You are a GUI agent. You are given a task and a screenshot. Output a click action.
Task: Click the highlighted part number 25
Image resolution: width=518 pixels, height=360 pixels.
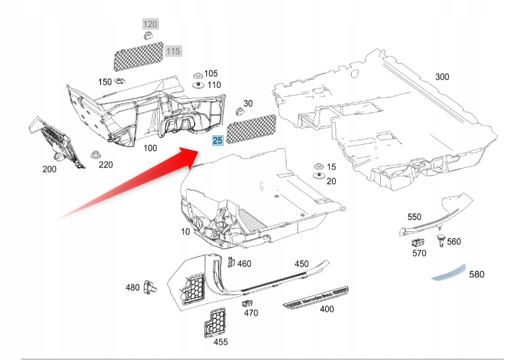click(x=217, y=140)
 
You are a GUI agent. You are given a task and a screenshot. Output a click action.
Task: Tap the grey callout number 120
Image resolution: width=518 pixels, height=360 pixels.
click(x=150, y=25)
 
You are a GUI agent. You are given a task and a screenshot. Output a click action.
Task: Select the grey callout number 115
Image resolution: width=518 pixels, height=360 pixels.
click(x=173, y=50)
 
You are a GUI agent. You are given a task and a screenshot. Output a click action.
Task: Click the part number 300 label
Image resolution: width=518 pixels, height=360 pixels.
click(x=442, y=77)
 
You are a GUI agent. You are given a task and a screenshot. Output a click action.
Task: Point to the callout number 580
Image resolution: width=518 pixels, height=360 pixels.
click(x=476, y=275)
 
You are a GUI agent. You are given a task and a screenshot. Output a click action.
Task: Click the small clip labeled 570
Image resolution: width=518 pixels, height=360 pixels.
click(x=417, y=242)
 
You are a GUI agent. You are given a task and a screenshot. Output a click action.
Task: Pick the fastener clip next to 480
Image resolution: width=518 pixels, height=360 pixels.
click(x=152, y=287)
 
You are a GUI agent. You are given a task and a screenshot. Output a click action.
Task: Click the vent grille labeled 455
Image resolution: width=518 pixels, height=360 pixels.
click(x=215, y=321)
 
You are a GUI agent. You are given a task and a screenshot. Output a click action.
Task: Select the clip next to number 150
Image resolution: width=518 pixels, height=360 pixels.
click(x=121, y=81)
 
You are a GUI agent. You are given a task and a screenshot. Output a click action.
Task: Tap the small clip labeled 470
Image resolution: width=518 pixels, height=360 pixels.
click(x=246, y=302)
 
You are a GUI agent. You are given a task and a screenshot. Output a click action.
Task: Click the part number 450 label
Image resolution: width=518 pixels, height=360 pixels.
click(x=301, y=264)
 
